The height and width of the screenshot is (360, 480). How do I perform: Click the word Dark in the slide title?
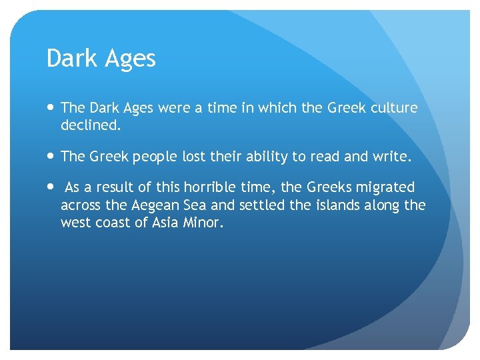point(70,59)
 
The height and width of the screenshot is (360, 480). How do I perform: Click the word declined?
point(89,124)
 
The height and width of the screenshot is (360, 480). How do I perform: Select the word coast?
point(111,223)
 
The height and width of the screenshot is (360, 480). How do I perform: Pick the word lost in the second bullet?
point(194,157)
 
